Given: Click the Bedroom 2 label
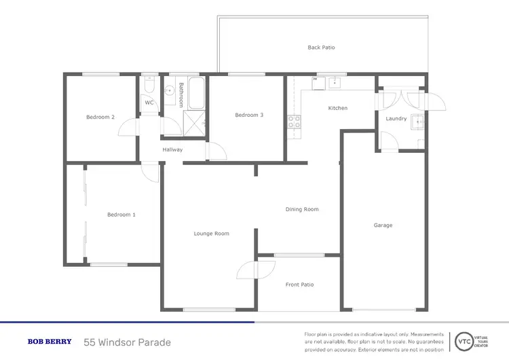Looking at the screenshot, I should (100, 118).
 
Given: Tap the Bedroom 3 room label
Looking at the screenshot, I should (249, 115).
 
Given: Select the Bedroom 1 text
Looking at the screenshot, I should (121, 215).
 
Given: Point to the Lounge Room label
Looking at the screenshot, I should (211, 234).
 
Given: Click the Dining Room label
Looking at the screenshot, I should (302, 209).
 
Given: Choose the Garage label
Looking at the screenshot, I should (383, 226).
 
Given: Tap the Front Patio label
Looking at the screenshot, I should (299, 285).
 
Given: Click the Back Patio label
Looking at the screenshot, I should (321, 48).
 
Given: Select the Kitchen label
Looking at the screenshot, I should (338, 109).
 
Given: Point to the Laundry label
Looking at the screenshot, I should (396, 119).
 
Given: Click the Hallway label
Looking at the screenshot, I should (172, 149).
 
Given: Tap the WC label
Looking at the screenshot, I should (149, 103).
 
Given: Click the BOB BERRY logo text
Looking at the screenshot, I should (49, 342).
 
